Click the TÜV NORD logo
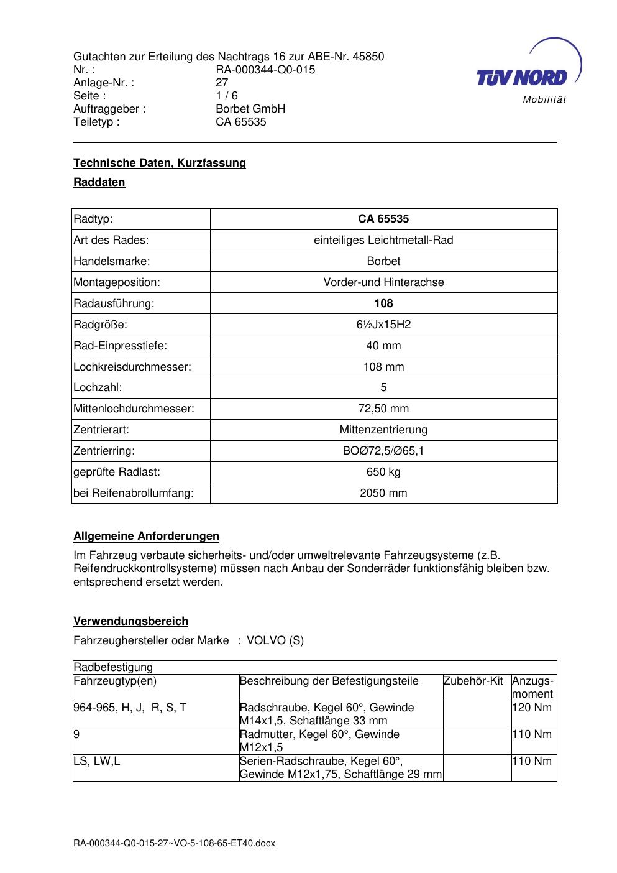[522, 77]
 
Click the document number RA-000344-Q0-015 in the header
[265, 70]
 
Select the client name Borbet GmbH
[250, 109]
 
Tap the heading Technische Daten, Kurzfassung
[160, 163]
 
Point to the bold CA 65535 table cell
[383, 219]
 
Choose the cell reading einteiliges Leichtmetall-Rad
[383, 240]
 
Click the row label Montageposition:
[117, 282]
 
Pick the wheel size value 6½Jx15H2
[383, 325]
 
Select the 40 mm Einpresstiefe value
[383, 346]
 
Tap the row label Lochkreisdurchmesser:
[132, 367]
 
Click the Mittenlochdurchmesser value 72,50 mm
[383, 409]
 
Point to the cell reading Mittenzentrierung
[383, 430]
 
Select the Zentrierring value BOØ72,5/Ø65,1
[383, 451]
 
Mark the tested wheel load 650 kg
[383, 472]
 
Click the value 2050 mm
[383, 493]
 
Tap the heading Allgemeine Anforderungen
[146, 536]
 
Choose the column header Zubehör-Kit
[473, 681]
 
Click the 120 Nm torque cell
[532, 708]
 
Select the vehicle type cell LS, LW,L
[97, 761]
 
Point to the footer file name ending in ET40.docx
[174, 844]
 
